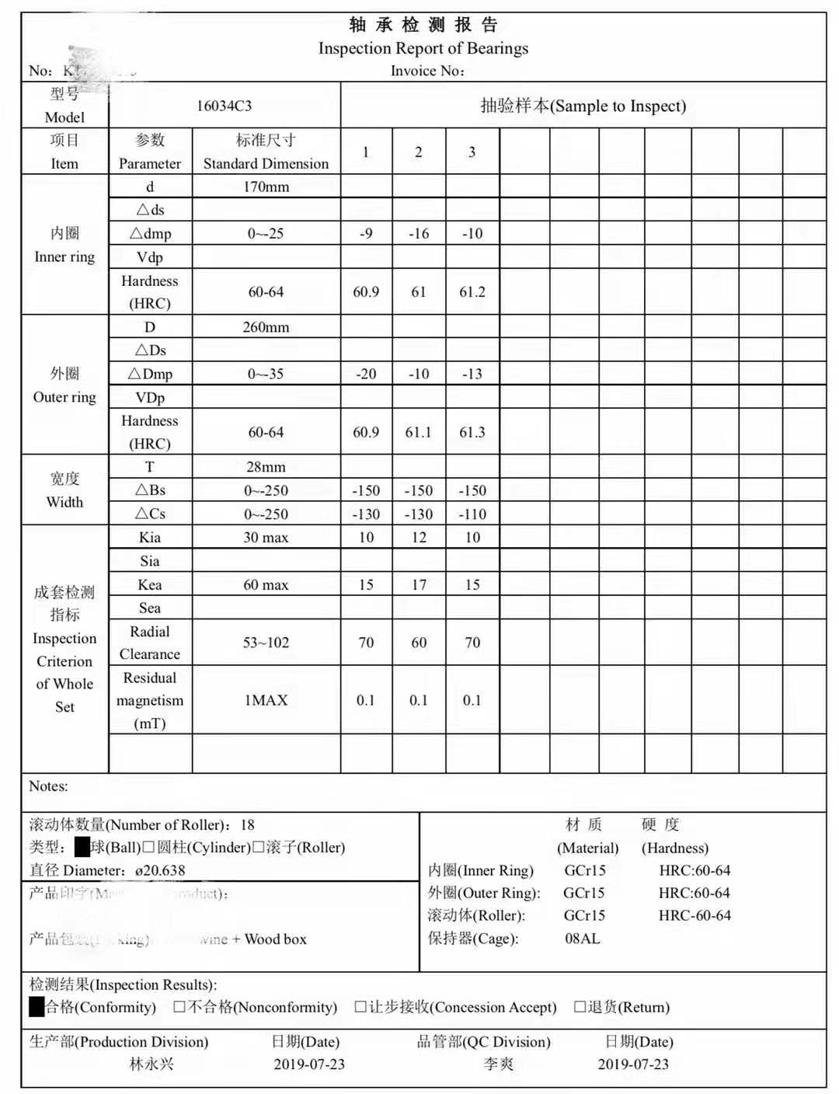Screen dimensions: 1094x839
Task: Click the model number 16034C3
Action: tap(224, 106)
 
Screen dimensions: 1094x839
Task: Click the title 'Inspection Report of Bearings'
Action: tap(423, 48)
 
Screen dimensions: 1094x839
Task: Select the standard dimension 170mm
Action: tap(266, 186)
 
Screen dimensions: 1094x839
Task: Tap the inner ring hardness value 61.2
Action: tap(472, 292)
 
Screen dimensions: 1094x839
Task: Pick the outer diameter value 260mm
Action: tap(266, 327)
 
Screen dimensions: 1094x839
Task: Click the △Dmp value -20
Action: tap(366, 374)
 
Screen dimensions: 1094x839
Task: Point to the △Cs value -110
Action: tap(472, 514)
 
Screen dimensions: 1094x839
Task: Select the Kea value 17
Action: tap(419, 584)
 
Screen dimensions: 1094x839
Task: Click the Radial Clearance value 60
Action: tap(419, 643)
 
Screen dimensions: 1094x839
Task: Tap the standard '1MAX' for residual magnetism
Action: tap(266, 700)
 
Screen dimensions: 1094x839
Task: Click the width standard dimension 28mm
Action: tap(266, 467)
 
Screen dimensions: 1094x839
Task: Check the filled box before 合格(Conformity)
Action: tap(37, 1007)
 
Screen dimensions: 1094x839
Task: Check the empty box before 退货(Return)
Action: tap(580, 1007)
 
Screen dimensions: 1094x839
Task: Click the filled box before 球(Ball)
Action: tap(82, 847)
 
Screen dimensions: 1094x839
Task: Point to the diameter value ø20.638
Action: tap(160, 870)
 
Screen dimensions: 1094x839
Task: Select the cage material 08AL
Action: tap(583, 939)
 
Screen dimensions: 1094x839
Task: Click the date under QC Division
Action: tap(633, 1064)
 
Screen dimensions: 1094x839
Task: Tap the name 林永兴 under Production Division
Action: tap(151, 1064)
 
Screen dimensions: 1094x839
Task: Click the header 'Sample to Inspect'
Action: tap(583, 106)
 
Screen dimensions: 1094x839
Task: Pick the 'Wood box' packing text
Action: tap(276, 939)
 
